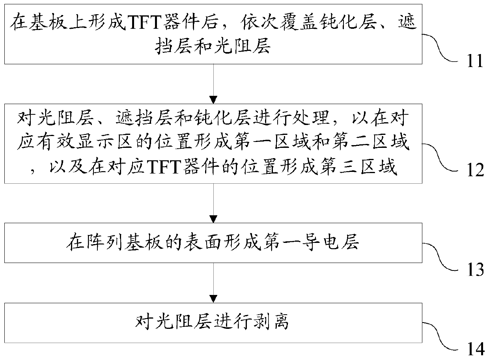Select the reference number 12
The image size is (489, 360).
[476, 170]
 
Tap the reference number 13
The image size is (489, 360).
[476, 270]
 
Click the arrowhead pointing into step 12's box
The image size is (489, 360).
[213, 100]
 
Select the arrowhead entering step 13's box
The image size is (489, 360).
[213, 219]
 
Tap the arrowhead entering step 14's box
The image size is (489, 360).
[213, 299]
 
